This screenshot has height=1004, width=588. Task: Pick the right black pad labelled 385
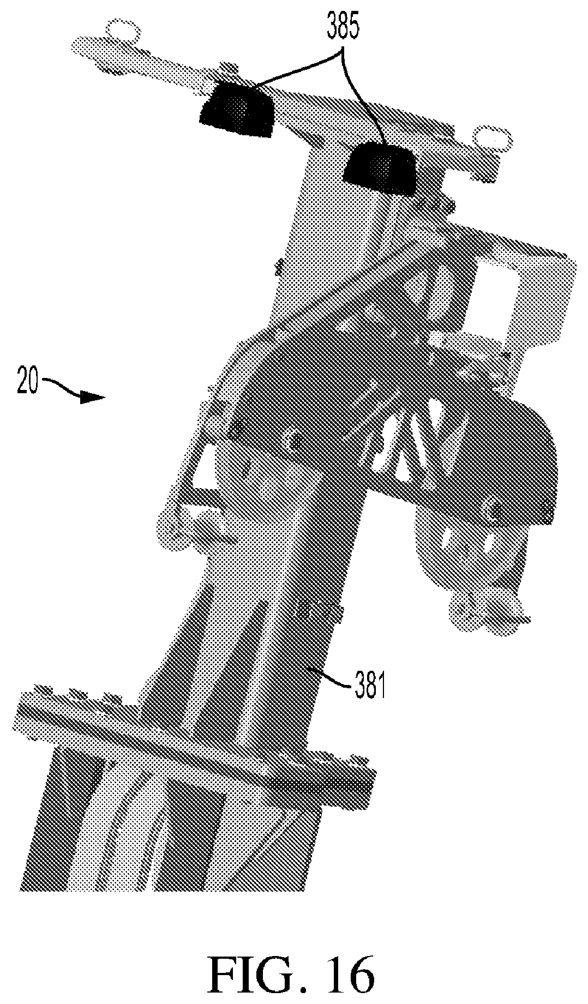point(380,168)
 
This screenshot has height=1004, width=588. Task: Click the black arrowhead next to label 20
point(92,398)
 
